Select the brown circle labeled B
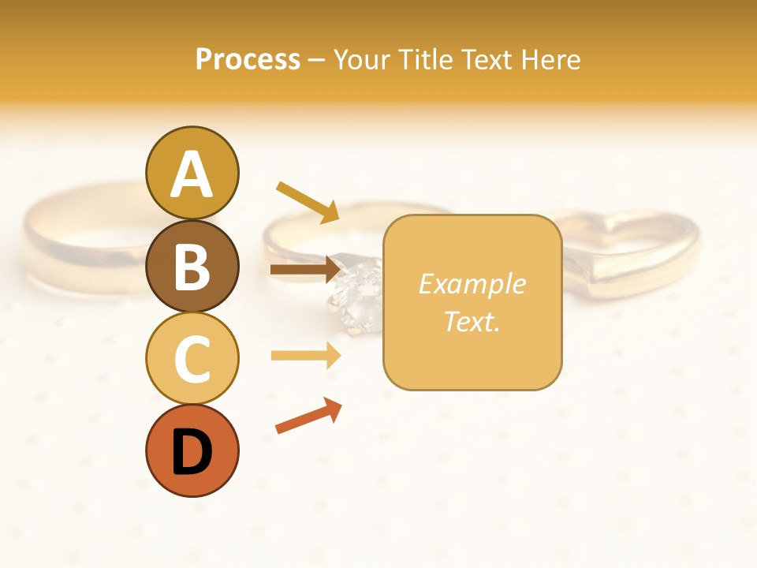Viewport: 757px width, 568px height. (x=192, y=266)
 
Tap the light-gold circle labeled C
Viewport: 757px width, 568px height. (x=192, y=359)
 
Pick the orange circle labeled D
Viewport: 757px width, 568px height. (x=192, y=451)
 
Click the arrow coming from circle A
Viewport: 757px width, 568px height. (x=308, y=202)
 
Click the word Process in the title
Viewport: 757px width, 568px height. (x=248, y=59)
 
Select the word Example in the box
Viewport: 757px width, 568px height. (x=472, y=284)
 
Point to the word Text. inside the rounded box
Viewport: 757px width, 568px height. (x=472, y=321)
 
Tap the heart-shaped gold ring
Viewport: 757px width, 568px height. (x=631, y=252)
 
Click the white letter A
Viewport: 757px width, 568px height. (x=192, y=174)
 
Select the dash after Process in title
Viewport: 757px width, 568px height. (x=316, y=60)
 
